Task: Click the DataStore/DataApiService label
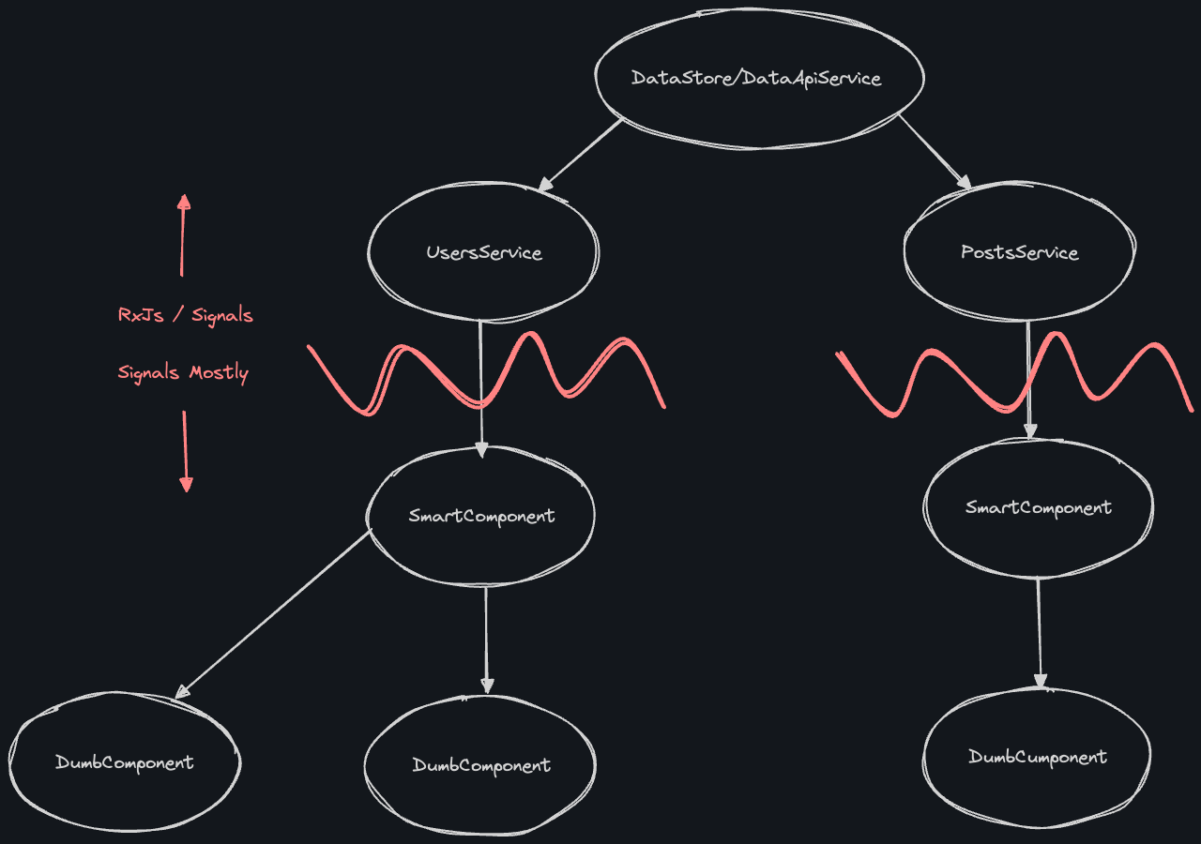coord(756,78)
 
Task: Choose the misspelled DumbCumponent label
coord(1038,757)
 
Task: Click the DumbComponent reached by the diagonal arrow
coord(124,762)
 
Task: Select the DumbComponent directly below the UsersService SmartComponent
coord(481,765)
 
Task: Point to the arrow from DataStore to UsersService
coord(580,156)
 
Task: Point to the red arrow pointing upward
coord(183,234)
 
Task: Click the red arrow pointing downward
coord(185,450)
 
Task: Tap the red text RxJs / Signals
coord(185,315)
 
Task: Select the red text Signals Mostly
coord(183,372)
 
